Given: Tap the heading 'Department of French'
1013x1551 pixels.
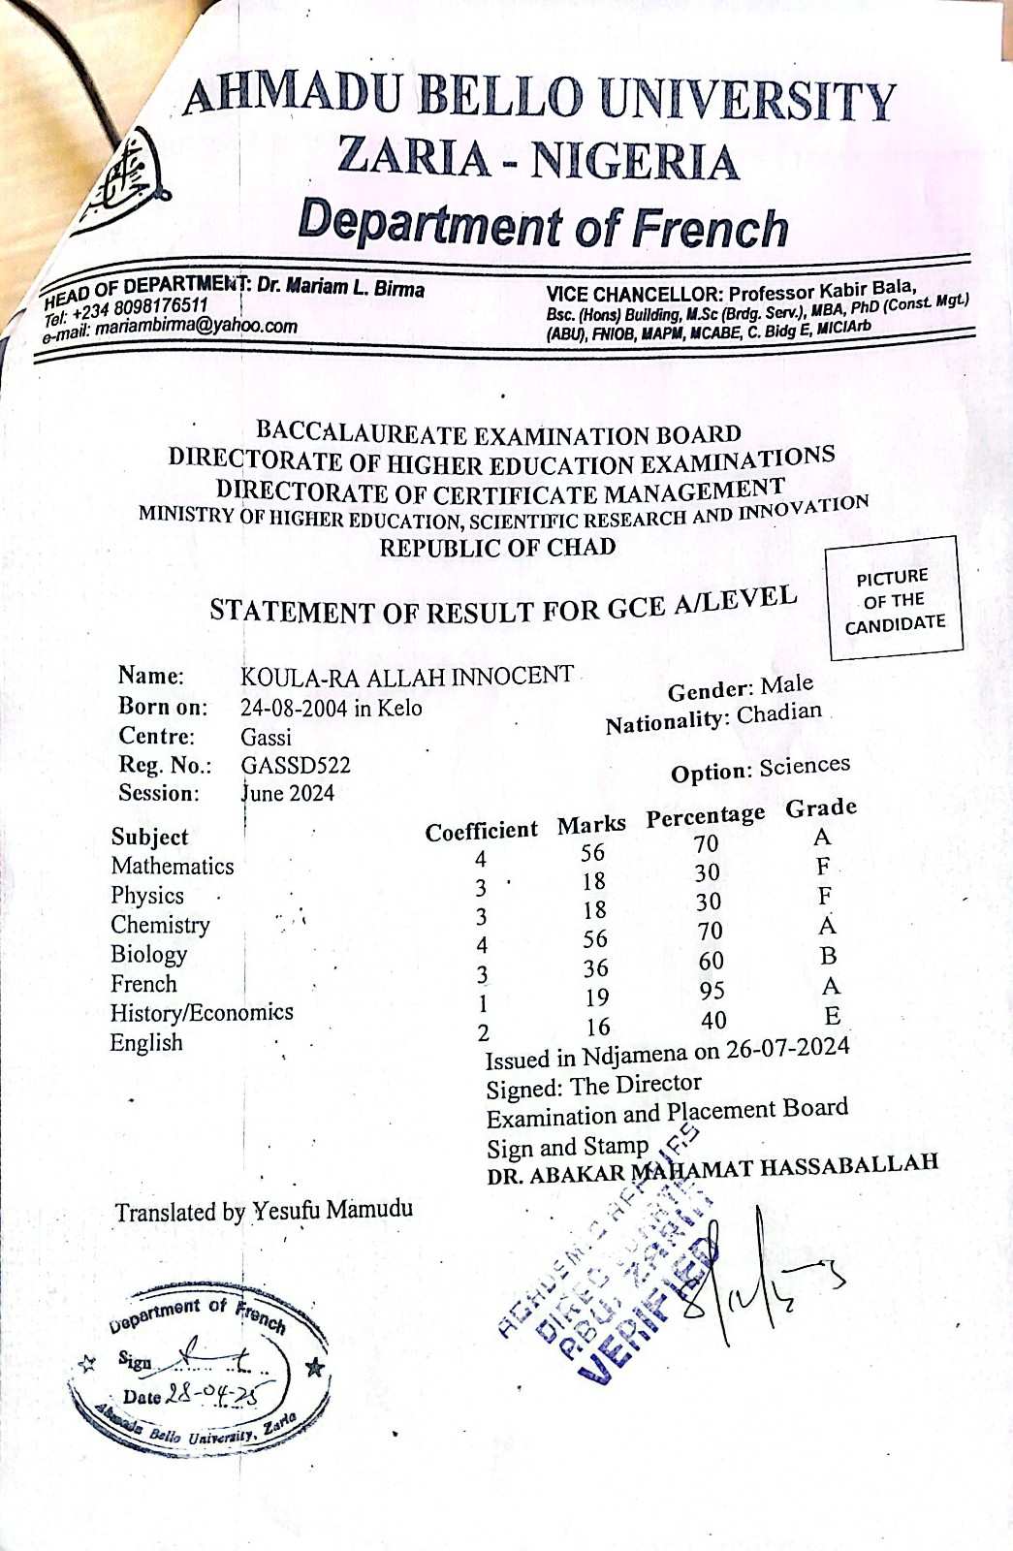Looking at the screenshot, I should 543,225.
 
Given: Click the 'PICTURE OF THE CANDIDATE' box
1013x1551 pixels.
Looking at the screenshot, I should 893,600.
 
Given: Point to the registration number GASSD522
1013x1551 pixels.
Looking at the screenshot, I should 296,765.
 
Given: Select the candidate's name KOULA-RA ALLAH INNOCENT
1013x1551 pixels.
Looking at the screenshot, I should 407,676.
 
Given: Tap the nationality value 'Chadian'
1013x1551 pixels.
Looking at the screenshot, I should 778,714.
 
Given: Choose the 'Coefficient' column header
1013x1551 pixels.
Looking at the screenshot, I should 481,831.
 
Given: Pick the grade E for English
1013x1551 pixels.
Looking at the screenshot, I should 832,1016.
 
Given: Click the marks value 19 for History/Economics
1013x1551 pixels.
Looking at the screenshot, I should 596,997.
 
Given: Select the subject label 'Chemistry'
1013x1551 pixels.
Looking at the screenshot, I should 160,925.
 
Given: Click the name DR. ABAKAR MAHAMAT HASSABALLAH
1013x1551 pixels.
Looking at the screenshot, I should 712,1168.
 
